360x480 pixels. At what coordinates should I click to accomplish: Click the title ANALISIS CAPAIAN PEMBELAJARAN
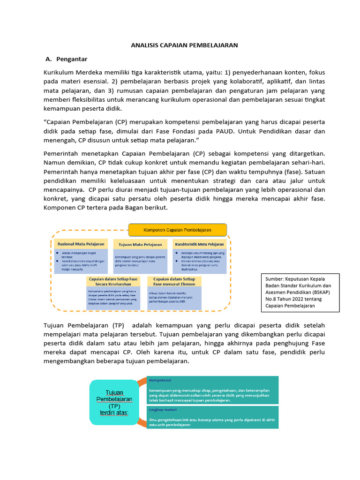pyautogui.click(x=184, y=45)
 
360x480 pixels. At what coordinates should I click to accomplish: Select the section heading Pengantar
pyautogui.click(x=72, y=59)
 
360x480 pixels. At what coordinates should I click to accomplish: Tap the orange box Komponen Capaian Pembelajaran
pyautogui.click(x=177, y=230)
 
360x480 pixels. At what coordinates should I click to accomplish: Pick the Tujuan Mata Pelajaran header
pyautogui.click(x=140, y=244)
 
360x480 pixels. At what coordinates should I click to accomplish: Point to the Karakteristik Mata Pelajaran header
pyautogui.click(x=199, y=244)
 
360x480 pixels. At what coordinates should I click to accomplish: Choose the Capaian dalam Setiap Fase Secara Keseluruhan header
pyautogui.click(x=113, y=281)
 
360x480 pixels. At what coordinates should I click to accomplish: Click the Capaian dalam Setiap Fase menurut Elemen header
pyautogui.click(x=174, y=281)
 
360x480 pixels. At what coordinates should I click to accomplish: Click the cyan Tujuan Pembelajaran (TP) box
pyautogui.click(x=114, y=402)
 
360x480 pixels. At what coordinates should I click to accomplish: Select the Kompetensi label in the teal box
pyautogui.click(x=160, y=380)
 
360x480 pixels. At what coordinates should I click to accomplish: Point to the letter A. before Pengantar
pyautogui.click(x=48, y=59)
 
